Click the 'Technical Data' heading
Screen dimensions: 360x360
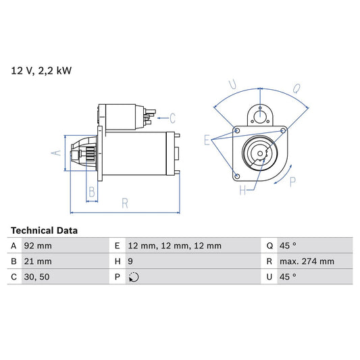click(44, 230)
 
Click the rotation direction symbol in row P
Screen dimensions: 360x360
click(133, 276)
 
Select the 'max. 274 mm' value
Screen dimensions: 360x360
click(307, 261)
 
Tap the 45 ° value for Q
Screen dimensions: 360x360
click(287, 246)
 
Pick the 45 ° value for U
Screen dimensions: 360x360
click(287, 276)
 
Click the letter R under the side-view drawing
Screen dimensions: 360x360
click(126, 201)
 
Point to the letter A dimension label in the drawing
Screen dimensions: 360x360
click(57, 153)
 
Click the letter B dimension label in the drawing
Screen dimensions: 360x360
click(91, 192)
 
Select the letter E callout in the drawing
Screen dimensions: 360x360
click(207, 140)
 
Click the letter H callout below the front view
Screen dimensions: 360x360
click(242, 191)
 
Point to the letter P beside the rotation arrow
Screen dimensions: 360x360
click(292, 181)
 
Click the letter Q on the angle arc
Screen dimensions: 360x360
click(298, 88)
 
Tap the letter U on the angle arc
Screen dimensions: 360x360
click(232, 85)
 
